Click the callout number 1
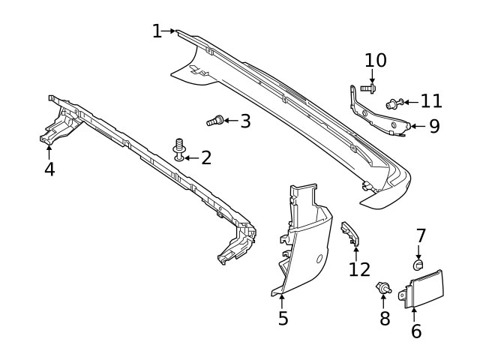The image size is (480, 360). tap(157, 31)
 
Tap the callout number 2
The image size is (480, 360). tap(205, 157)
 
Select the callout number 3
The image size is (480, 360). tap(245, 120)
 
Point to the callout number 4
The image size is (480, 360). tap(49, 169)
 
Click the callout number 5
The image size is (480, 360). tap(283, 318)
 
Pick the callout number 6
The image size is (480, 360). tap(415, 330)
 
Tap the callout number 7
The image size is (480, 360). tap(421, 235)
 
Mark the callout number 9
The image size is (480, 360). tap(435, 125)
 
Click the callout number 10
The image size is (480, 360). tap(375, 60)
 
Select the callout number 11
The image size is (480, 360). tap(431, 100)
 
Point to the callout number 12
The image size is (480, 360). tap(359, 268)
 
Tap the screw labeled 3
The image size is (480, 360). tap(214, 119)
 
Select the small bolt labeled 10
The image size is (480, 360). tap(367, 88)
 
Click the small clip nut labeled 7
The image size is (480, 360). tap(419, 263)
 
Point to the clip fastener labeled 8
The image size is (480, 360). tap(383, 288)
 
